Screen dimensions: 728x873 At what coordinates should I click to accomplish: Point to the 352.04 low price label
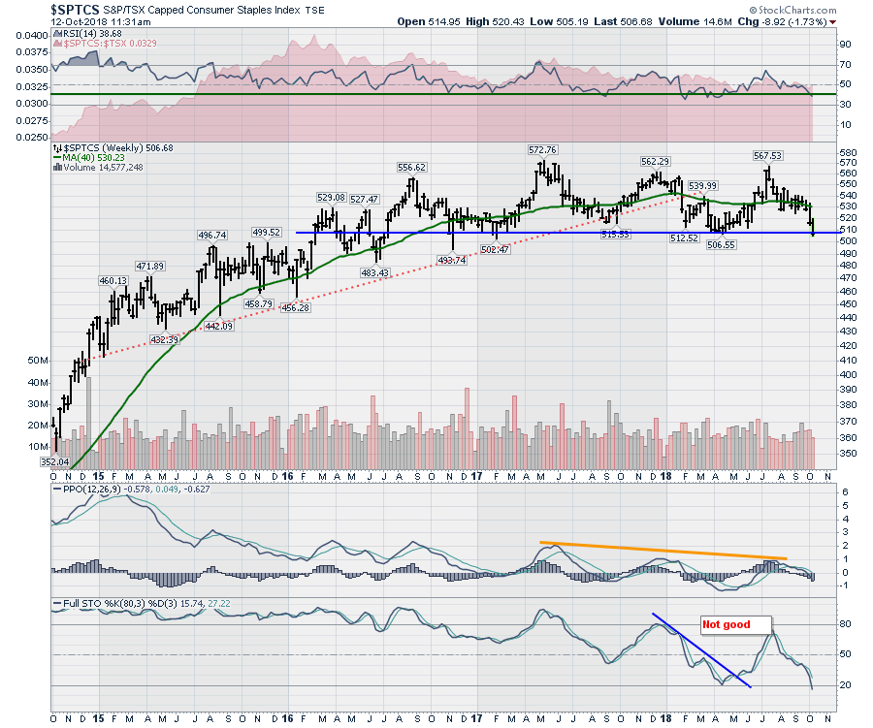(55, 462)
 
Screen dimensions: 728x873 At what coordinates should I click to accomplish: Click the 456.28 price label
(296, 308)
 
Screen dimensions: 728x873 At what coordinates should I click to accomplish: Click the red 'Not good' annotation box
(727, 624)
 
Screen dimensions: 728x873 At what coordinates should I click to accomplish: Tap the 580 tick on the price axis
(850, 153)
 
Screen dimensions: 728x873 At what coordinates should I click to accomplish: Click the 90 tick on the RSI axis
(845, 45)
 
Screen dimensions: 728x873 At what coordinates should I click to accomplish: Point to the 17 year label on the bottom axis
(476, 476)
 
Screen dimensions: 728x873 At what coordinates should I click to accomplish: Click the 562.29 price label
(656, 162)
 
